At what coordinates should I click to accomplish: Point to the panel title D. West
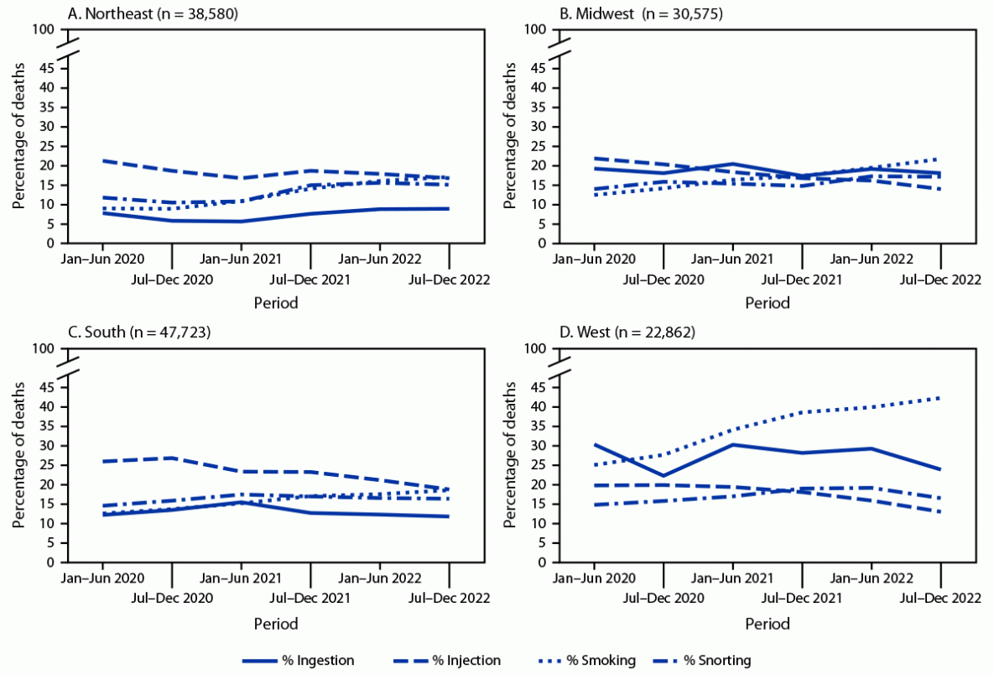[x=589, y=332]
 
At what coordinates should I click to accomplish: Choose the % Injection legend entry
[x=466, y=661]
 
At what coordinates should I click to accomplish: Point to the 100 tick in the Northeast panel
[x=45, y=29]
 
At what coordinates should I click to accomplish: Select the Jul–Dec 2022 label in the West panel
[x=939, y=598]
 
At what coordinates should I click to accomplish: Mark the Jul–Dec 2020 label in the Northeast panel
[x=172, y=279]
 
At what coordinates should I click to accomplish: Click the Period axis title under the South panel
[x=275, y=624]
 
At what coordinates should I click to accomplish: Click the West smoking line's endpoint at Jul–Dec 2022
[x=939, y=398]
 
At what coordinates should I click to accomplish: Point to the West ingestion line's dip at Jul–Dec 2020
[x=663, y=475]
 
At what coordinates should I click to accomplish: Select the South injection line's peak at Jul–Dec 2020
[x=172, y=458]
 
